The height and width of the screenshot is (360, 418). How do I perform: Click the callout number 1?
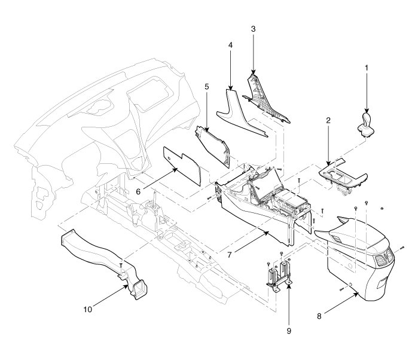(x=366, y=68)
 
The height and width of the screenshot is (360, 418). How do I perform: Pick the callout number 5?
(x=206, y=86)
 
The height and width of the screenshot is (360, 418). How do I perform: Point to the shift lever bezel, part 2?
(x=341, y=176)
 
